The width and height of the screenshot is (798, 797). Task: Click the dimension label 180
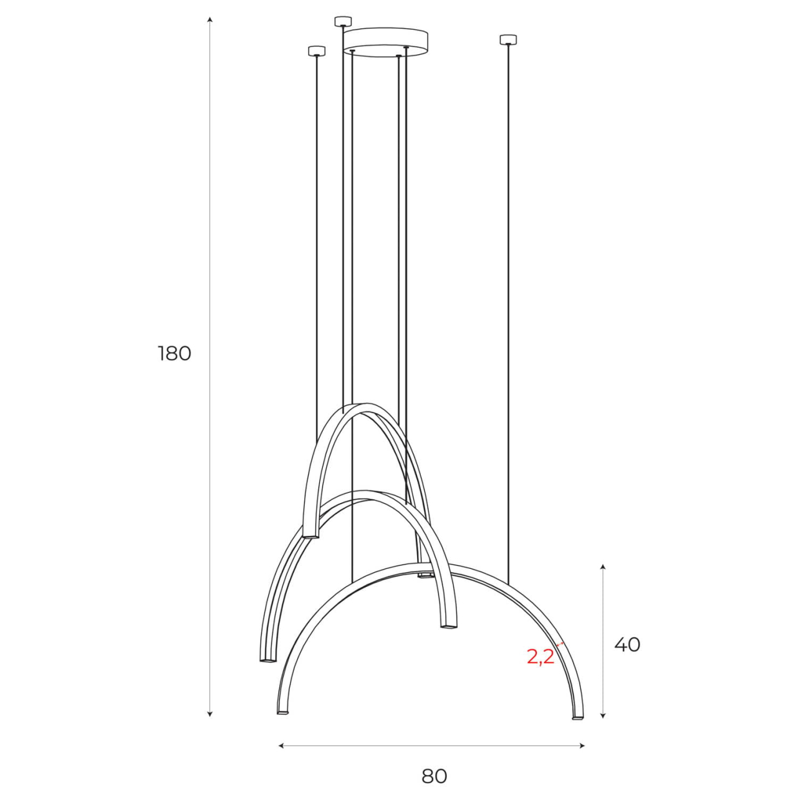[x=175, y=353]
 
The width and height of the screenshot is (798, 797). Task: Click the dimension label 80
[x=435, y=776]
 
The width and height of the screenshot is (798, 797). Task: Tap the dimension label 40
[x=627, y=644]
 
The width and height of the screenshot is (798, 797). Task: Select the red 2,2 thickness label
[x=541, y=656]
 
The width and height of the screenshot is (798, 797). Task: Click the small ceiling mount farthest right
[x=509, y=40]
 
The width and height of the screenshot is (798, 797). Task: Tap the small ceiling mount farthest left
[x=317, y=51]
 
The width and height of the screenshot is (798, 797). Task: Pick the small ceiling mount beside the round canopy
[x=343, y=22]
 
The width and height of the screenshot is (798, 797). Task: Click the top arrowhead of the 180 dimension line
[x=210, y=20]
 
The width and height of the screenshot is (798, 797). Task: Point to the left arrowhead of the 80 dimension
[x=281, y=745]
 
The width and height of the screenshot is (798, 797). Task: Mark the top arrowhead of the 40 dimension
[x=603, y=566]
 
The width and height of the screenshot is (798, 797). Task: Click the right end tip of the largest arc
[x=578, y=717]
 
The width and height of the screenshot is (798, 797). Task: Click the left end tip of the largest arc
[x=282, y=712]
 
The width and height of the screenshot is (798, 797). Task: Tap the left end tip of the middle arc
[x=266, y=659]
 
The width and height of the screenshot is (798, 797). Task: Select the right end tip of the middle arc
[x=447, y=626]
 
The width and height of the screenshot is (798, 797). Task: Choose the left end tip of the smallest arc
[x=310, y=536]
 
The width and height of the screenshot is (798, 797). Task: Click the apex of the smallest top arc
[x=365, y=405]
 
